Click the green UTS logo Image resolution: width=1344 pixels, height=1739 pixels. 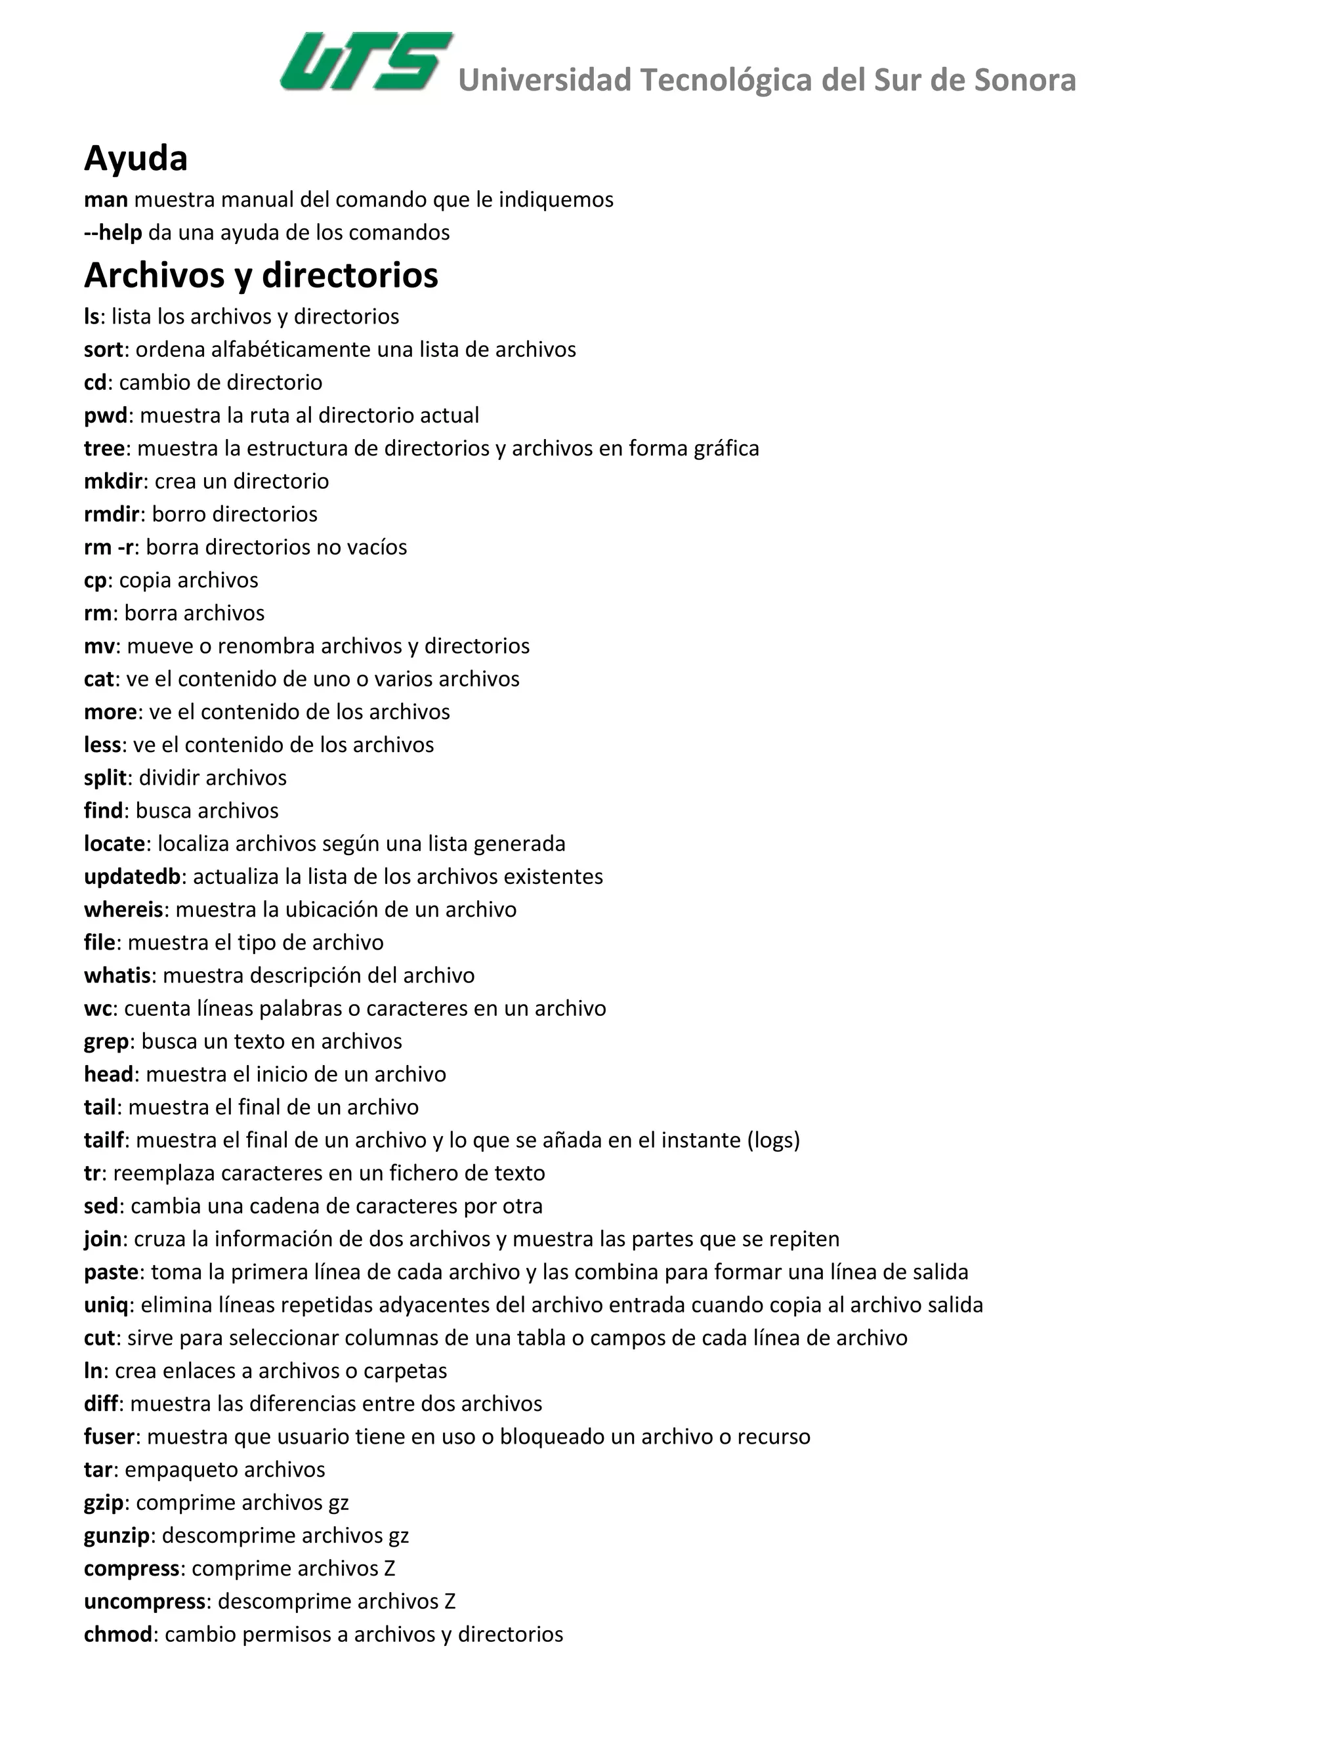(366, 61)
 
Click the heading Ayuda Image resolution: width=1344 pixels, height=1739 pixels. (135, 158)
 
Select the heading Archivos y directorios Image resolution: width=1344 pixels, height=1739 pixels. (261, 276)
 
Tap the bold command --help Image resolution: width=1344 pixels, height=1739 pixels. (113, 232)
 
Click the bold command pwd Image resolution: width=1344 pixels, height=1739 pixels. (106, 415)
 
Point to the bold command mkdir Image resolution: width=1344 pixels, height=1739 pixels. (113, 482)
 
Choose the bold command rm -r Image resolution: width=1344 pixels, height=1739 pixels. (109, 548)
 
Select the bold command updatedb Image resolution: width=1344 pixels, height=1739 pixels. (132, 877)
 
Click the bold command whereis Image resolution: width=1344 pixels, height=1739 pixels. (123, 910)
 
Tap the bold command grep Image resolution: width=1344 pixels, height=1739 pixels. (106, 1041)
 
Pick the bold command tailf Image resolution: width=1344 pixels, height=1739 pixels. (104, 1141)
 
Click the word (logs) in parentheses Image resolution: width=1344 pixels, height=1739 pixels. (773, 1141)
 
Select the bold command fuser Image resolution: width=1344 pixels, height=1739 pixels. (110, 1436)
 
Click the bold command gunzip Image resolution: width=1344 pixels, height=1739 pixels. (117, 1535)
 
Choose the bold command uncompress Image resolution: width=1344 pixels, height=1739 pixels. (145, 1601)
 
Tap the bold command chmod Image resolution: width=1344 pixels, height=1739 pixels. (118, 1635)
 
